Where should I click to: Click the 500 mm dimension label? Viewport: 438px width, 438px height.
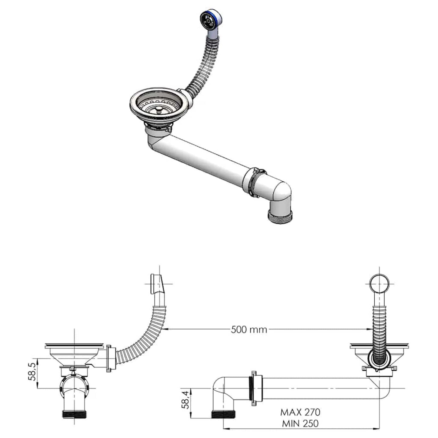pyautogui.click(x=249, y=329)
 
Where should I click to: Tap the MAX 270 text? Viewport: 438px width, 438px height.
pyautogui.click(x=300, y=412)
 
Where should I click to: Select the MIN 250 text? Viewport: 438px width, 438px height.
pyautogui.click(x=300, y=423)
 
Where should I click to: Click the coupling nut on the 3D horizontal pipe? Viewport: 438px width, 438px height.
pyautogui.click(x=254, y=182)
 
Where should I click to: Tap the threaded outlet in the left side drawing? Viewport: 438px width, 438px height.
pyautogui.click(x=74, y=414)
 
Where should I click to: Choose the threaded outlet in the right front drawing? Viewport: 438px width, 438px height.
pyautogui.click(x=223, y=414)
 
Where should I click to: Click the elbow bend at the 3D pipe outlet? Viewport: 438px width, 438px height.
pyautogui.click(x=282, y=194)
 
